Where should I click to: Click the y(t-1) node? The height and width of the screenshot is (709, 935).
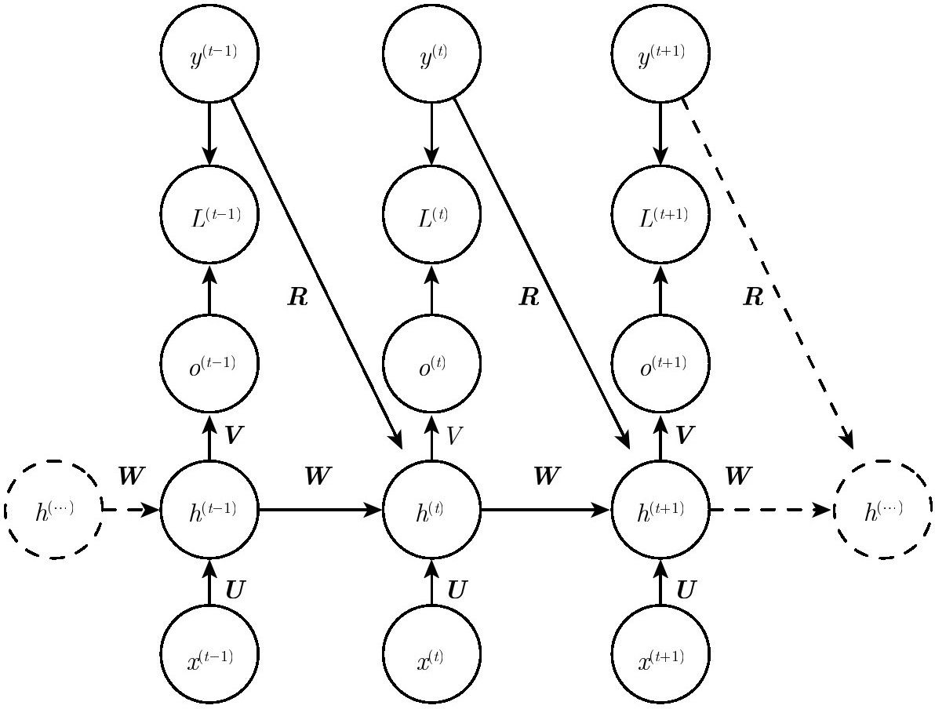(x=209, y=53)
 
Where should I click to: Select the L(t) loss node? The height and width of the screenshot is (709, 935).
(x=431, y=213)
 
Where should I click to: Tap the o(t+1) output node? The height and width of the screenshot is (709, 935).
(x=660, y=363)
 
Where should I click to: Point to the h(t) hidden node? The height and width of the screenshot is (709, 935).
(x=431, y=510)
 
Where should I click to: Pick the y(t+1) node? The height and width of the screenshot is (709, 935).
(x=660, y=53)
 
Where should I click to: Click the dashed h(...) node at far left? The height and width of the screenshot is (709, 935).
(x=53, y=510)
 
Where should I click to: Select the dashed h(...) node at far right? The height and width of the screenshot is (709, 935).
(x=882, y=510)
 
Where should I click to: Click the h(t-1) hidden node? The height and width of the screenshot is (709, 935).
(x=209, y=510)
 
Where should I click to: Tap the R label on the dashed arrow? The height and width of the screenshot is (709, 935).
(x=754, y=296)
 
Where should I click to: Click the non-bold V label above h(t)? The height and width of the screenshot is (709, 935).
(x=454, y=435)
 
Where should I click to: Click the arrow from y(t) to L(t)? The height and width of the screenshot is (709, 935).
(x=431, y=133)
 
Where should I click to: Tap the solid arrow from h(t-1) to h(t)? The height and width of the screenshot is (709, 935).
(x=320, y=510)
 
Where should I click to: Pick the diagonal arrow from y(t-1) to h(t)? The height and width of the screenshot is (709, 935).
(x=316, y=273)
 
